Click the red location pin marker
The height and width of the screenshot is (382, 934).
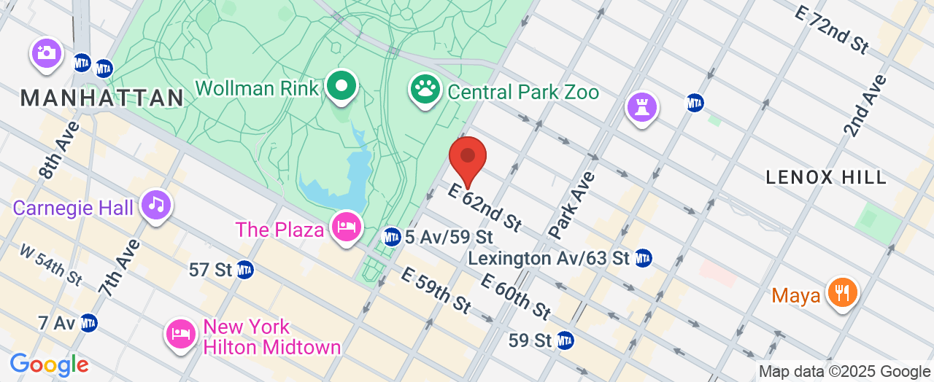pyautogui.click(x=468, y=157)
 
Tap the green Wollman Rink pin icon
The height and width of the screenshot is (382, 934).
pyautogui.click(x=340, y=86)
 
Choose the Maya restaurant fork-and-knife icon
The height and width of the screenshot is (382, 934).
pyautogui.click(x=842, y=293)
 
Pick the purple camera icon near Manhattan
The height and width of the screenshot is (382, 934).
pyautogui.click(x=47, y=53)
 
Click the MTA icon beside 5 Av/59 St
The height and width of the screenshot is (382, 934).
pyautogui.click(x=392, y=237)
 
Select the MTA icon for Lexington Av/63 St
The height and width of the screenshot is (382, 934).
pyautogui.click(x=643, y=257)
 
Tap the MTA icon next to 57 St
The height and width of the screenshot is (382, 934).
pyautogui.click(x=244, y=270)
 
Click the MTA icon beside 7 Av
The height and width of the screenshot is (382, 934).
pyautogui.click(x=88, y=322)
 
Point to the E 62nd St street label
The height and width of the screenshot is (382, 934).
pyautogui.click(x=485, y=207)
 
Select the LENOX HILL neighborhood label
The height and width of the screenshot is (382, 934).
pyautogui.click(x=826, y=177)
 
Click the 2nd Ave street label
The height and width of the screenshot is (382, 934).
pyautogui.click(x=865, y=105)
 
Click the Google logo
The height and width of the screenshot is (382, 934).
pyautogui.click(x=49, y=365)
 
